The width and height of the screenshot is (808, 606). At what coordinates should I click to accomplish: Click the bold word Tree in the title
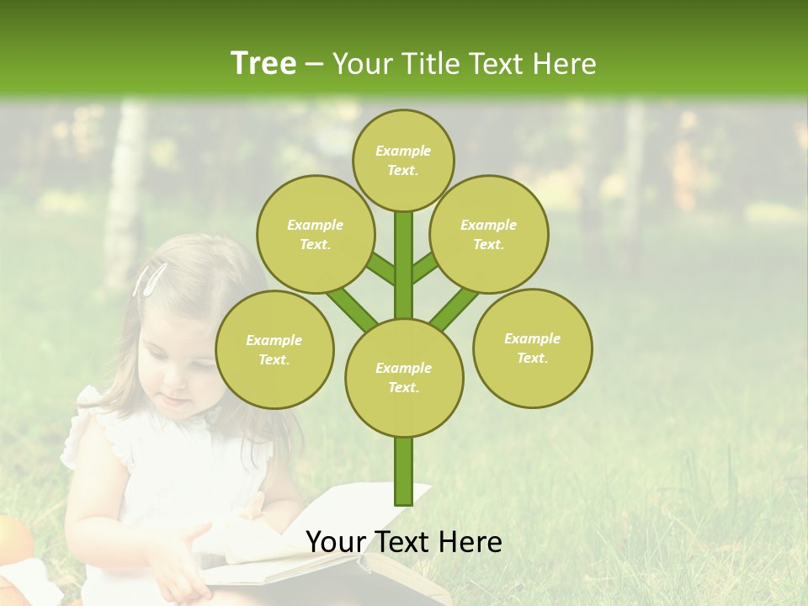pos(263,63)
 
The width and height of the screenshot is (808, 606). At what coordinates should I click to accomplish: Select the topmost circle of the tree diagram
pos(403,160)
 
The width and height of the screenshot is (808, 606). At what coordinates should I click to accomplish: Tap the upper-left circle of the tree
pos(316,234)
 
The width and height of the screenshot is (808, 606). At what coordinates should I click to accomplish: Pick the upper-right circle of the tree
pos(489,234)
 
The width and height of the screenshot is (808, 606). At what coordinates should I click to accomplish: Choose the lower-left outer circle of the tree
pos(274,349)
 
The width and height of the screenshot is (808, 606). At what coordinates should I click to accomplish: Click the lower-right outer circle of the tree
pos(533,348)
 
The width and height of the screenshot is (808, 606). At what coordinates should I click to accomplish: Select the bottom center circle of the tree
pos(404,377)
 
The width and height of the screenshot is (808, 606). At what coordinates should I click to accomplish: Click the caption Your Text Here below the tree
pos(404,542)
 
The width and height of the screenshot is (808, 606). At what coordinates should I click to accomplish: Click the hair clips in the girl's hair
pos(149,279)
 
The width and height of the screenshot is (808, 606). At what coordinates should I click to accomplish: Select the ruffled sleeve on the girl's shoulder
pos(84,429)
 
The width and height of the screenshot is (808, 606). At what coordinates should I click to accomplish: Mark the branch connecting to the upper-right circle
pos(426,268)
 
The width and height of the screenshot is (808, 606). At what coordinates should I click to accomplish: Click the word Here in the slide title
pos(568,64)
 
